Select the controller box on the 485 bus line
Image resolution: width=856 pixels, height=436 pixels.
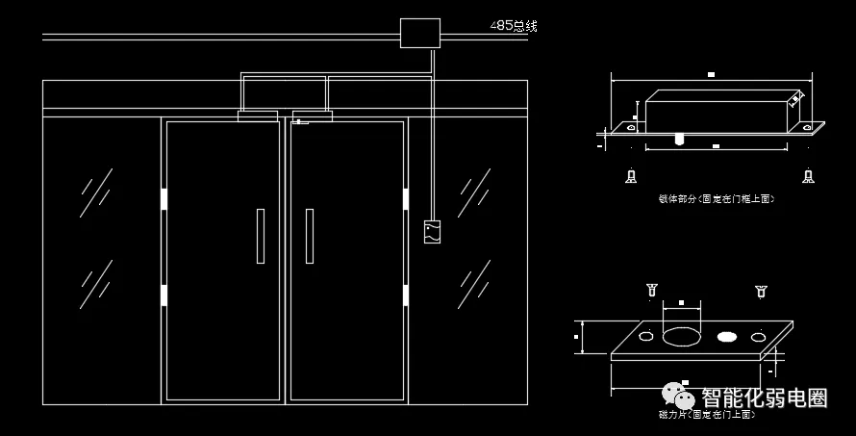(419, 34)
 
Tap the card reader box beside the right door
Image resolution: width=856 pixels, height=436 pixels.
(432, 231)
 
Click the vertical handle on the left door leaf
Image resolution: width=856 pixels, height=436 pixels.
(261, 236)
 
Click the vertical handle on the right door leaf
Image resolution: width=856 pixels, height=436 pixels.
(310, 236)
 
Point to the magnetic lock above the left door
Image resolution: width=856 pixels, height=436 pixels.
(258, 116)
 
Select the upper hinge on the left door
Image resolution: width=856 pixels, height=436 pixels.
(164, 199)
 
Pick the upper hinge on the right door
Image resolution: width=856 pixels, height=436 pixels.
(405, 199)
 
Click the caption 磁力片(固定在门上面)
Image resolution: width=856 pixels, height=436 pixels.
(708, 415)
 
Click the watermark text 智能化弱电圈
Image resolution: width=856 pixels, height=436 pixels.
(765, 398)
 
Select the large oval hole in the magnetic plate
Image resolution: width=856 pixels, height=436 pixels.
(682, 337)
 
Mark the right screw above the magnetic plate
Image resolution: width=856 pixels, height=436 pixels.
(760, 289)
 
